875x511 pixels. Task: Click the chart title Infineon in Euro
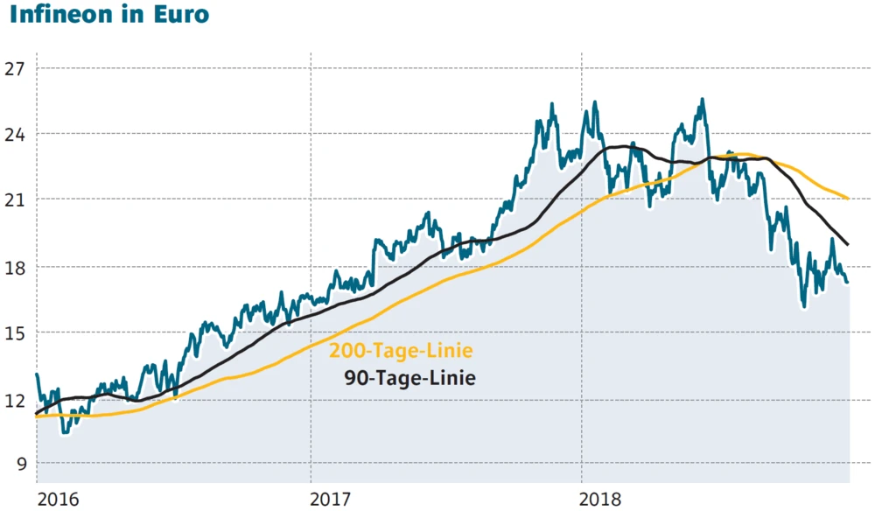[109, 15]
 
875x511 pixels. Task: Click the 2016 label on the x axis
[58, 500]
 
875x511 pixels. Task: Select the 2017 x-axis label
[332, 500]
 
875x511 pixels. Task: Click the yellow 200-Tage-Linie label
[401, 352]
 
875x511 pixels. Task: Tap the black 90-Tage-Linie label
[409, 379]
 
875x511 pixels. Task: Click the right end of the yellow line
[849, 198]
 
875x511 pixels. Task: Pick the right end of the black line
[848, 243]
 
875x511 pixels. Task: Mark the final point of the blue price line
[848, 282]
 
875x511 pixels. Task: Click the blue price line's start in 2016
[37, 374]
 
